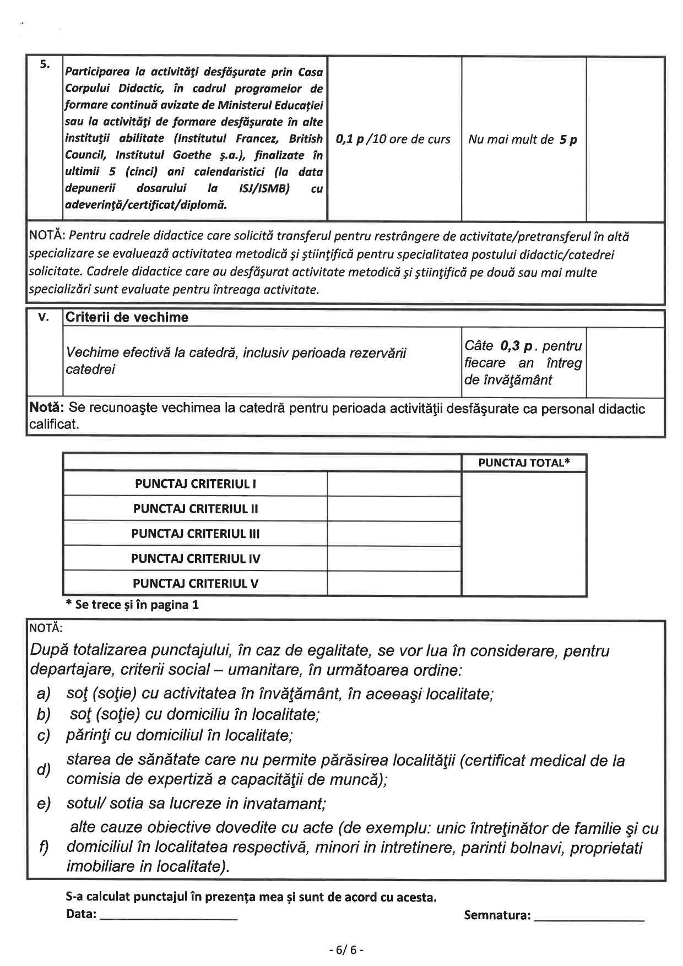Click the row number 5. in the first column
45,65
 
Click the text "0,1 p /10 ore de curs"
393,139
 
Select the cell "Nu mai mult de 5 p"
523,139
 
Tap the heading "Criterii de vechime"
127,317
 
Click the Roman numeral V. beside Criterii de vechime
44,317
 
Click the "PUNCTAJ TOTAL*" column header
524,463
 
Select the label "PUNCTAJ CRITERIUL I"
196,484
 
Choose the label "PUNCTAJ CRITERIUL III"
196,534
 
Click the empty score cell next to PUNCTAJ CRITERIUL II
394,509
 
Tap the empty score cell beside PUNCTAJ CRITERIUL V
394,583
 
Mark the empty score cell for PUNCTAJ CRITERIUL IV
394,558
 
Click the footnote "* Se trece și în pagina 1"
132,605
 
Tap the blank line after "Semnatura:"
589,916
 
